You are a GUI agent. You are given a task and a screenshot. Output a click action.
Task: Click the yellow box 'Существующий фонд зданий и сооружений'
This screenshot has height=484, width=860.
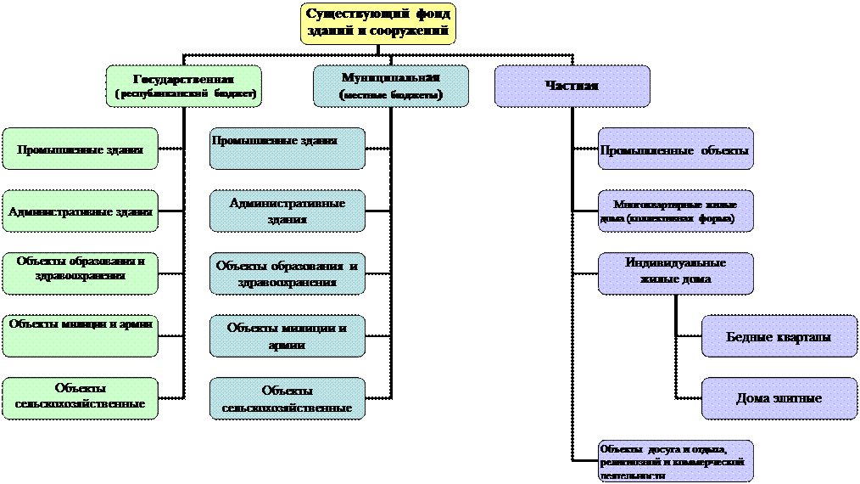click(378, 23)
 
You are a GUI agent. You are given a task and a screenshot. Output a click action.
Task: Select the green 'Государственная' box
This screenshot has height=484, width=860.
click(183, 86)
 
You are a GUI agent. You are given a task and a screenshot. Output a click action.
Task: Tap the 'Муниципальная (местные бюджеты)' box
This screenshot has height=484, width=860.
click(391, 86)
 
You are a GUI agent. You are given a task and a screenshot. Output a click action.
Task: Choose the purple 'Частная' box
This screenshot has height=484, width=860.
click(572, 86)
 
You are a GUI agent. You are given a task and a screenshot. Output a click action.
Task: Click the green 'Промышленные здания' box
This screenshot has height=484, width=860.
click(81, 149)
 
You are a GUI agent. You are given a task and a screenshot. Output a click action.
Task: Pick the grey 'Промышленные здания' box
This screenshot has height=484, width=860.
click(288, 149)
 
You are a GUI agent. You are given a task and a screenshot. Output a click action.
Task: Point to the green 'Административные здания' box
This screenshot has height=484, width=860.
click(81, 211)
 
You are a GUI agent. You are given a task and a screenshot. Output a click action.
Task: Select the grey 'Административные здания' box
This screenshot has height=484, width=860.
click(288, 211)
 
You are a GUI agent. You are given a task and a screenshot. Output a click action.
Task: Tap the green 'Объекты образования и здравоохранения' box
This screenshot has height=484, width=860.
click(81, 273)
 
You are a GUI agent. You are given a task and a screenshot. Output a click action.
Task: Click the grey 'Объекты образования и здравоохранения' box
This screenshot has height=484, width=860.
click(288, 273)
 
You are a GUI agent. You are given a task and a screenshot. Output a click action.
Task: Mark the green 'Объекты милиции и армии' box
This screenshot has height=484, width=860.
click(81, 335)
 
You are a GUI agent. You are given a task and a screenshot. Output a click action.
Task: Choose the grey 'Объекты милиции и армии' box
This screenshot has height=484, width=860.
click(288, 335)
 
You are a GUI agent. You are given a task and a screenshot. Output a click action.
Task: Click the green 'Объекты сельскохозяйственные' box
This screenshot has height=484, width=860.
click(81, 398)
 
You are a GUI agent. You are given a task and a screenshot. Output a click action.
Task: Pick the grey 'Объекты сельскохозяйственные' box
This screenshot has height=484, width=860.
click(288, 398)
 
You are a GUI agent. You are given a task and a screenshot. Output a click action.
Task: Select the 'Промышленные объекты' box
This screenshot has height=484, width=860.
click(676, 149)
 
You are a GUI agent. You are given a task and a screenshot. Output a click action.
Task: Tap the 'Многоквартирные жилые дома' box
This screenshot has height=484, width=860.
click(676, 211)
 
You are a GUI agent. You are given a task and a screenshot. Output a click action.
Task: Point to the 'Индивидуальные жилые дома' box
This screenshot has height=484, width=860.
click(676, 273)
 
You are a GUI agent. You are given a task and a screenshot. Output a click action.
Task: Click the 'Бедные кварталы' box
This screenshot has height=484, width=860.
click(779, 336)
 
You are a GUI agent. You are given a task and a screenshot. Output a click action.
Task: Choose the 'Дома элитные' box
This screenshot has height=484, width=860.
click(779, 398)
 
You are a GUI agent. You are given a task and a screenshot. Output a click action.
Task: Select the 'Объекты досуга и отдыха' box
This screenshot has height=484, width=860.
click(676, 460)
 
